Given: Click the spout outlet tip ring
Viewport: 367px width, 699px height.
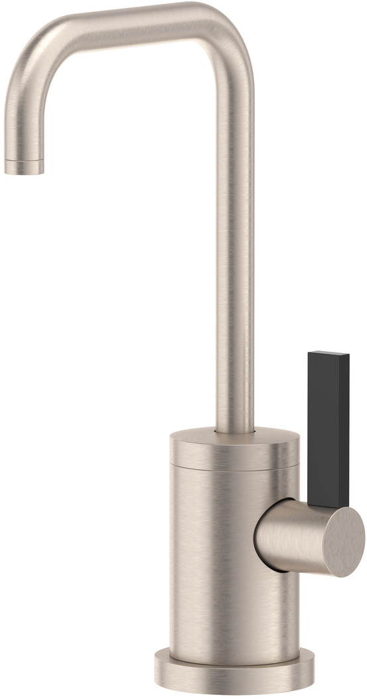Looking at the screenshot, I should [24, 165].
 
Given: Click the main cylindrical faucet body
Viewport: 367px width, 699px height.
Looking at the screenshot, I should [212, 564].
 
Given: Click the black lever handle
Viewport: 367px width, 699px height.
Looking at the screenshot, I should [328, 425].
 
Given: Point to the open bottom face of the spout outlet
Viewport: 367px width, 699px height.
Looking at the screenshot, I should [24, 172].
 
